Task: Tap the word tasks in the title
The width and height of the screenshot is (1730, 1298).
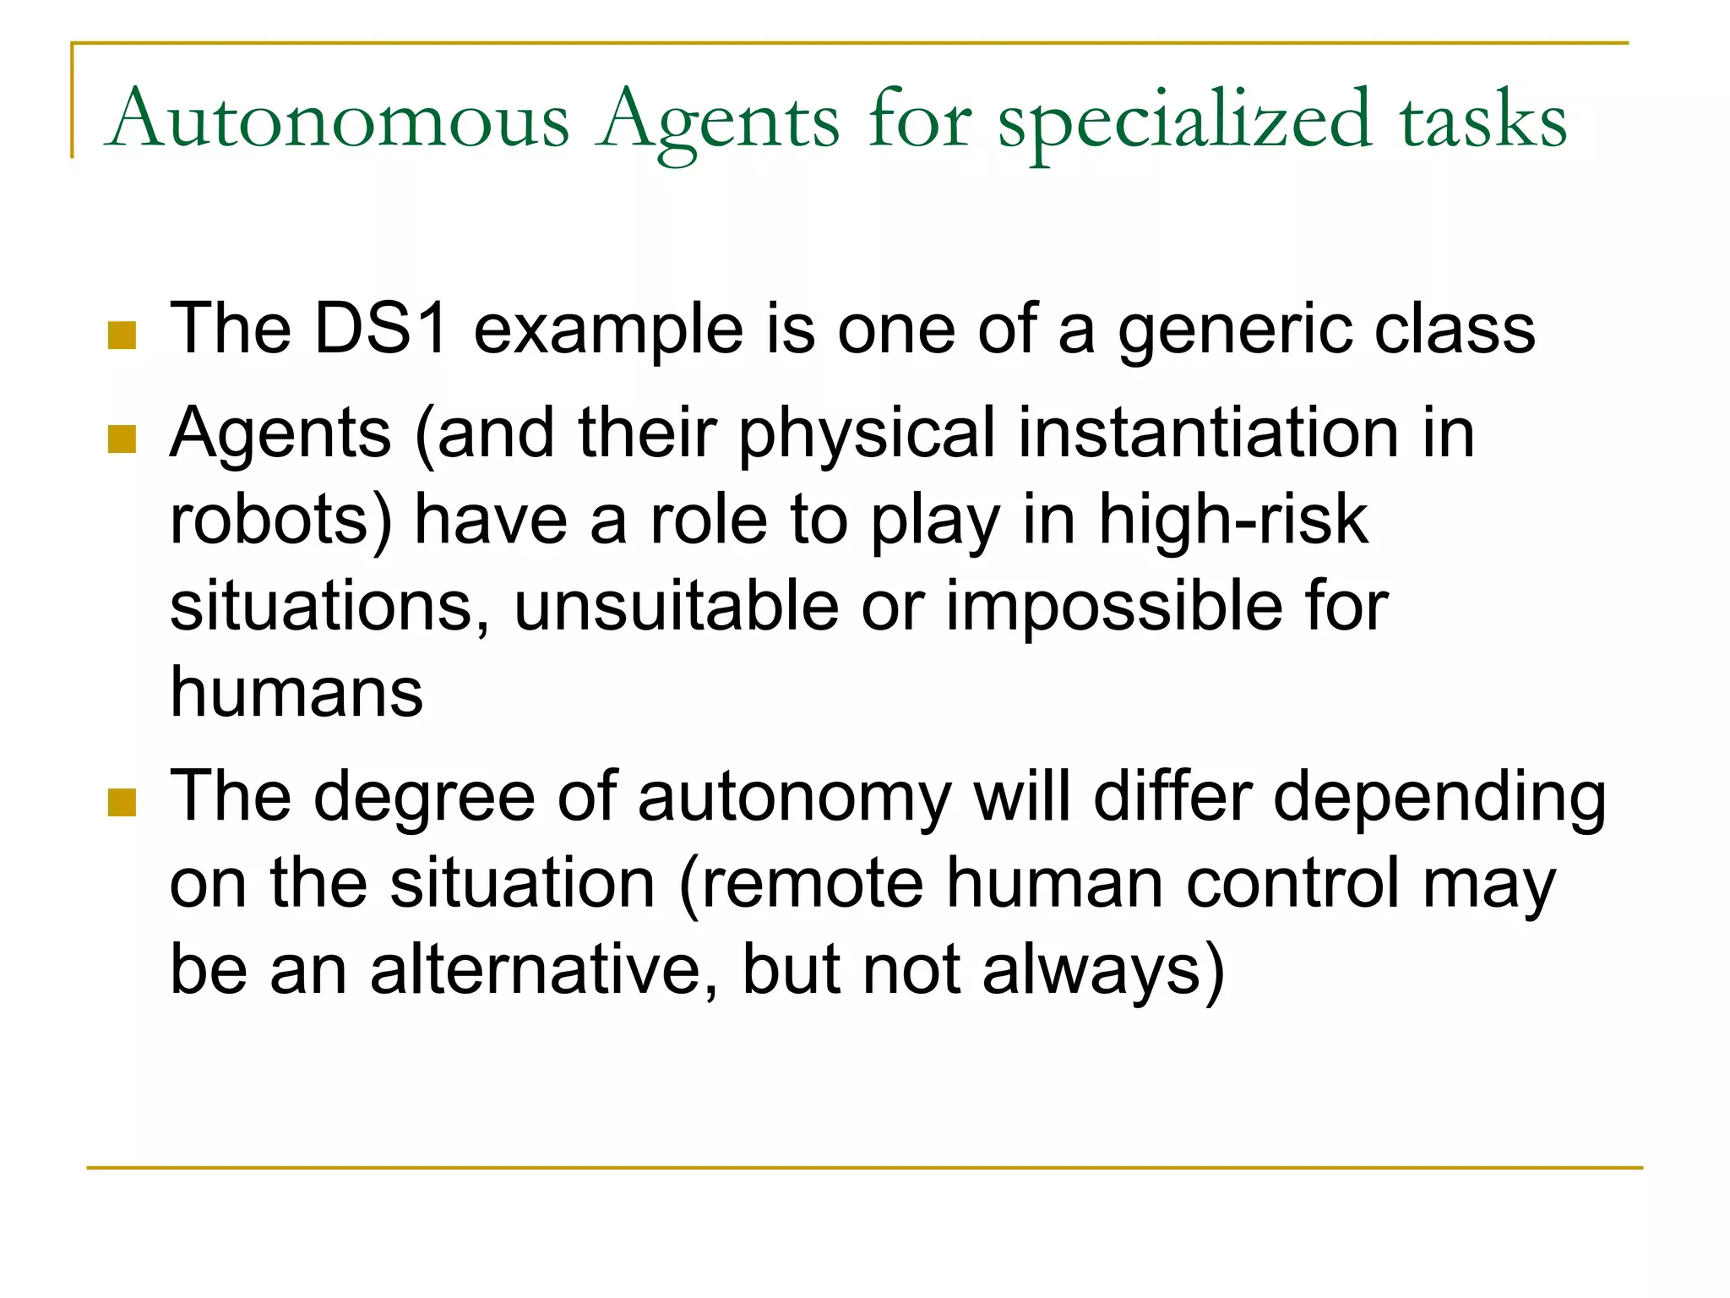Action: [1483, 120]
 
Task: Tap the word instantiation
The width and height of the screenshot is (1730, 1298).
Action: [1208, 433]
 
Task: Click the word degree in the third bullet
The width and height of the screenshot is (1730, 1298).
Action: [425, 798]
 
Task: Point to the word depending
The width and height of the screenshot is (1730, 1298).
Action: [1439, 798]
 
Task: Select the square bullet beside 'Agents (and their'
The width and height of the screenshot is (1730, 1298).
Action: [122, 439]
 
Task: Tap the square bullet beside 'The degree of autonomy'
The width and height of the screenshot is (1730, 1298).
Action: [122, 804]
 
